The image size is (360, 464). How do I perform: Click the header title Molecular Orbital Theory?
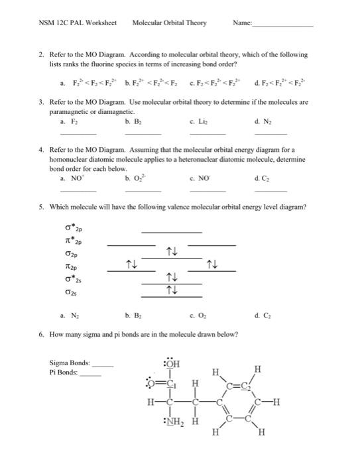[169, 23]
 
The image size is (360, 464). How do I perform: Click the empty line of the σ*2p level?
[172, 232]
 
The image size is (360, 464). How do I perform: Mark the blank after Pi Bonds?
[90, 374]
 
